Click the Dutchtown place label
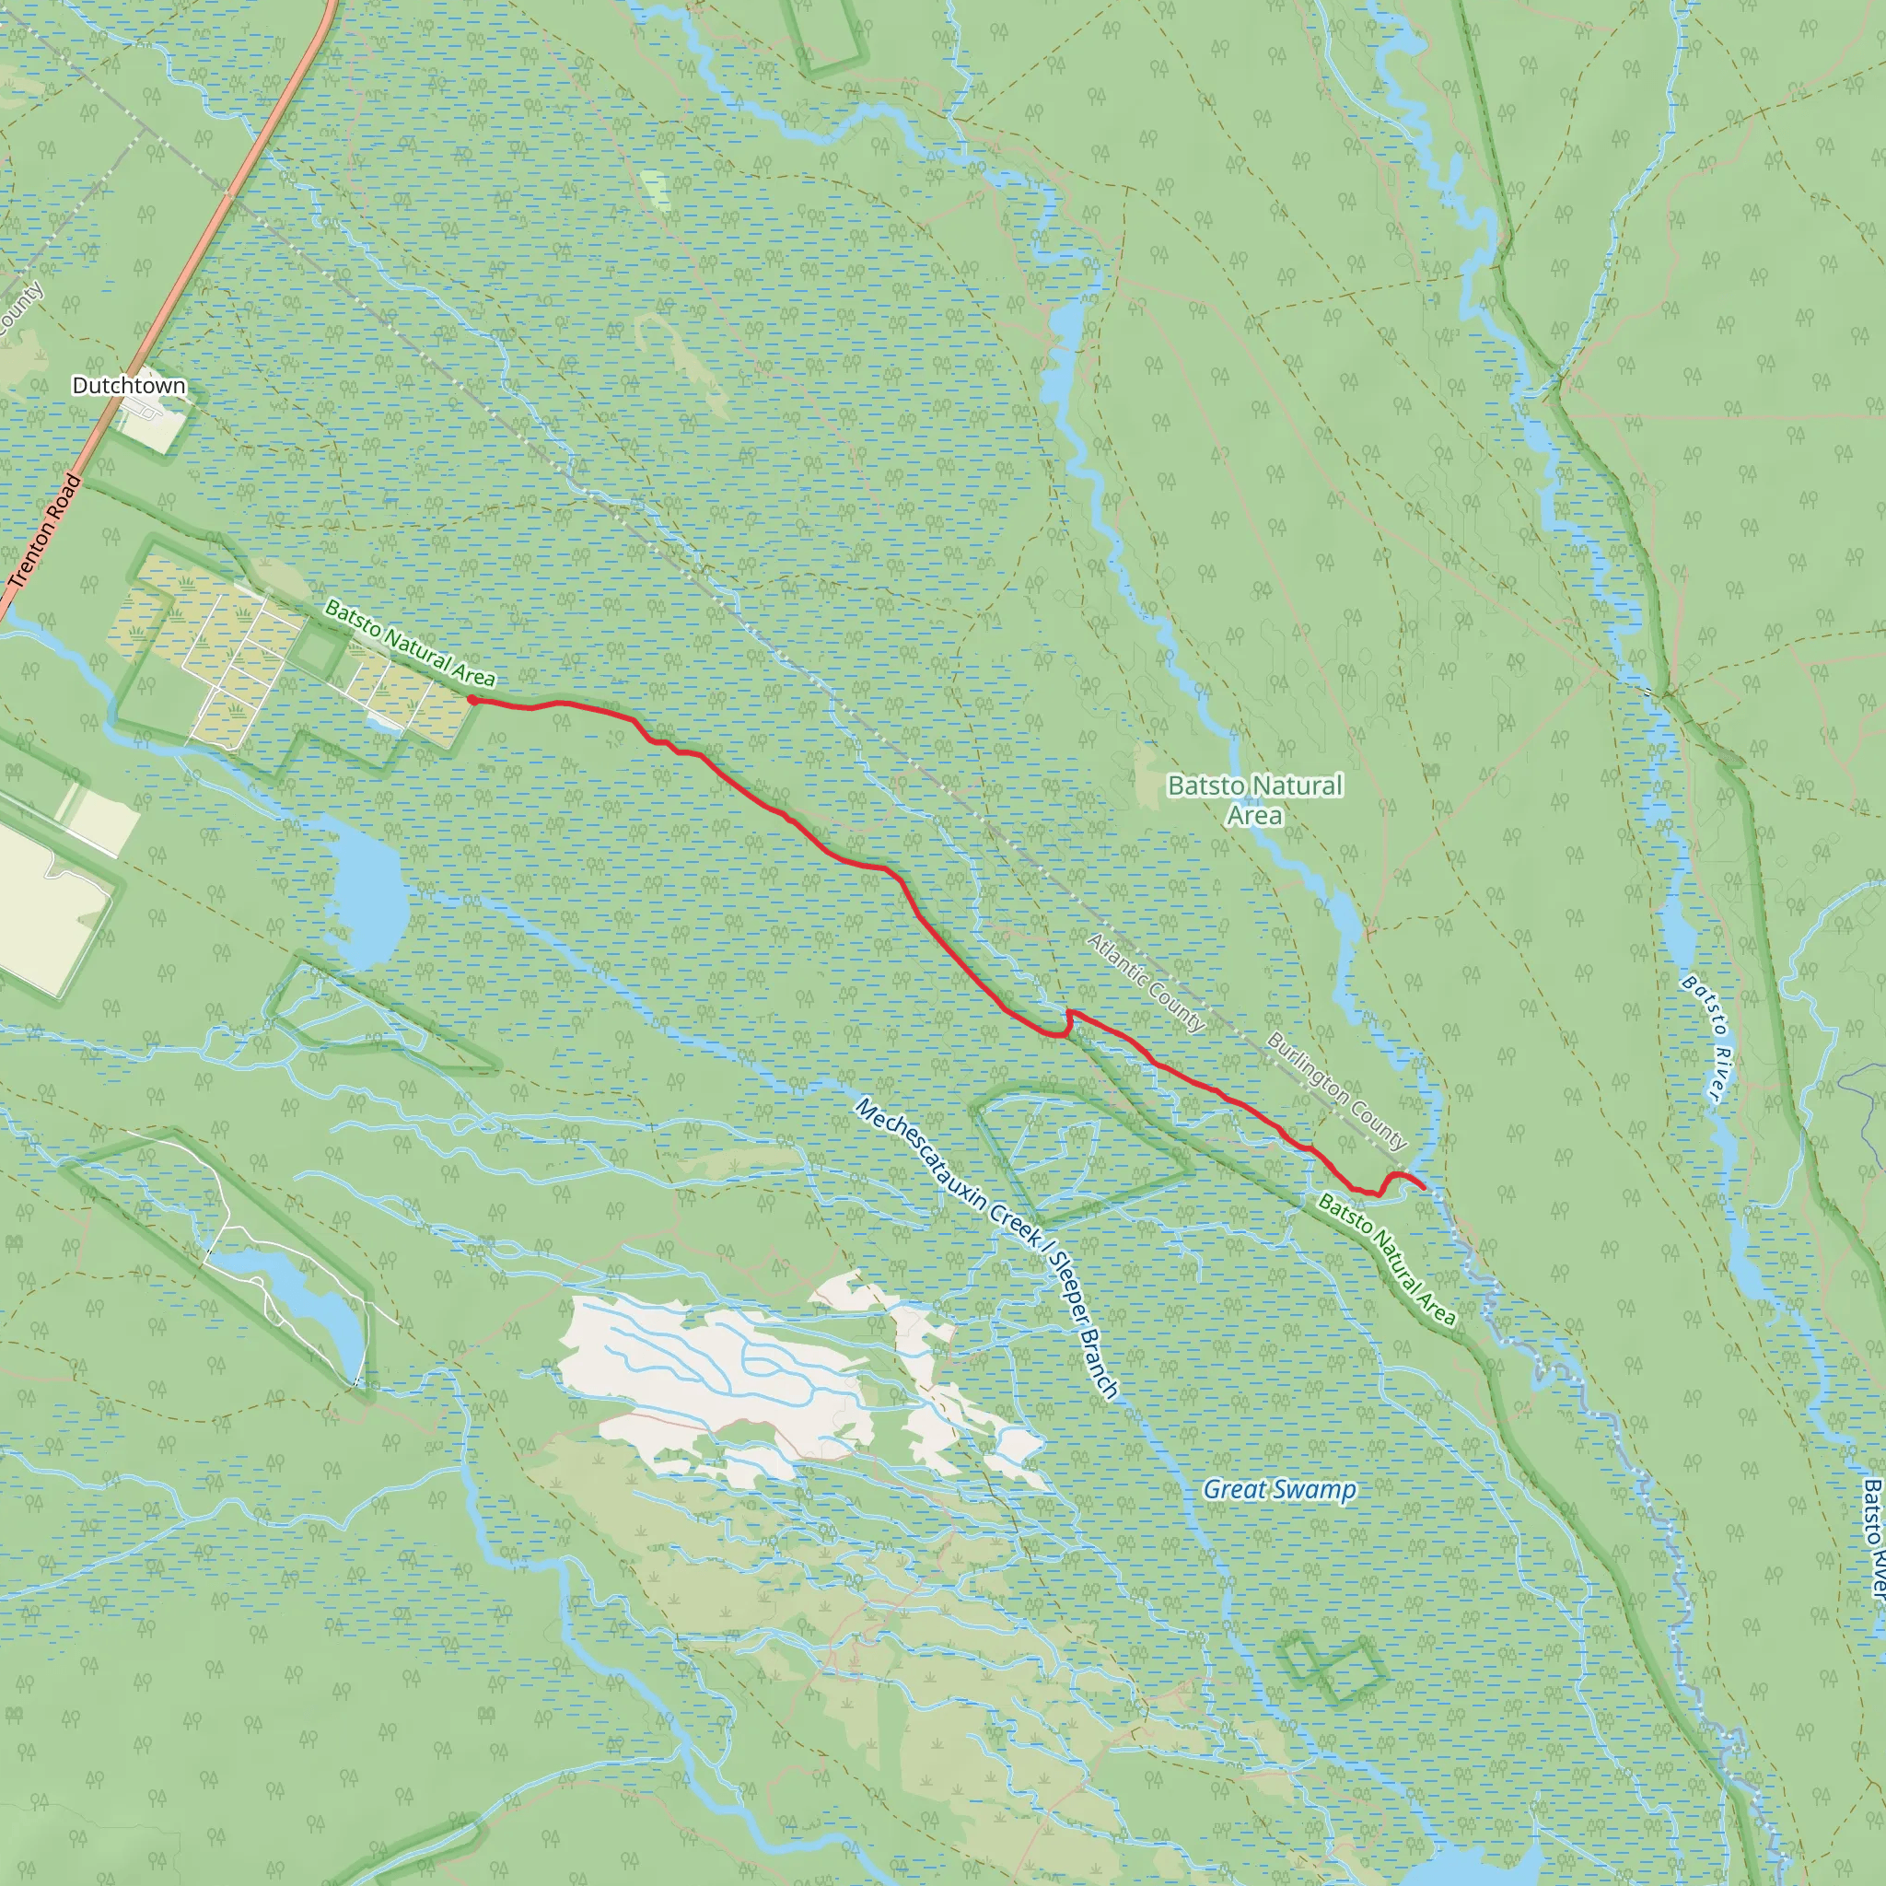point(129,386)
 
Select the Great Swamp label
point(1279,1489)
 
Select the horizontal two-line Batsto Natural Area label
point(1255,799)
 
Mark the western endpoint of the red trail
point(472,700)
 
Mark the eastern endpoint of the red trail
point(1424,1187)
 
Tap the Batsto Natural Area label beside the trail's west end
point(409,643)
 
